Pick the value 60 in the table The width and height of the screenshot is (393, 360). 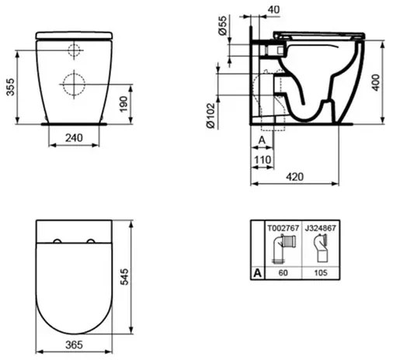[x=283, y=274]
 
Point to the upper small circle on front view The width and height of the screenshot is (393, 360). [x=73, y=51]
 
